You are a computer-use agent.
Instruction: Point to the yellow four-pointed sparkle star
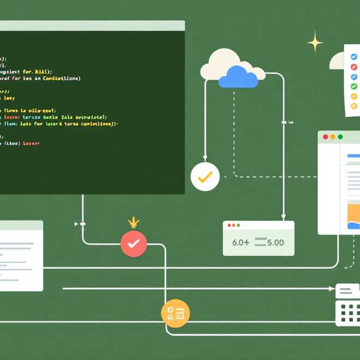pyautogui.click(x=315, y=41)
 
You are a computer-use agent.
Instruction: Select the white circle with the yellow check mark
pyautogui.click(x=205, y=176)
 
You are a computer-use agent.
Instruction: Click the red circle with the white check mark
pyautogui.click(x=134, y=243)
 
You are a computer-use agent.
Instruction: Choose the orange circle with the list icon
pyautogui.click(x=175, y=313)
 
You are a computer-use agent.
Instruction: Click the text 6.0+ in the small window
pyautogui.click(x=240, y=242)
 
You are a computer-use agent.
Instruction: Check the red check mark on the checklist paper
pyautogui.click(x=353, y=67)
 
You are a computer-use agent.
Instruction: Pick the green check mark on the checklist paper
pyautogui.click(x=353, y=86)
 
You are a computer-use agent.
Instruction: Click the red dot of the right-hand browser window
pyautogui.click(x=326, y=137)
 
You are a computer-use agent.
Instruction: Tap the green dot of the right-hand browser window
pyautogui.click(x=340, y=137)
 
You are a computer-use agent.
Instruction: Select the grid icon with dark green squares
pyautogui.click(x=347, y=313)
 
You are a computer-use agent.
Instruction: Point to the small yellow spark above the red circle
pyautogui.click(x=133, y=222)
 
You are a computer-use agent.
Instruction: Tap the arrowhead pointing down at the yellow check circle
pyautogui.click(x=205, y=158)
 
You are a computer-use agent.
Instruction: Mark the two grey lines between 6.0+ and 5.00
pyautogui.click(x=260, y=242)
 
